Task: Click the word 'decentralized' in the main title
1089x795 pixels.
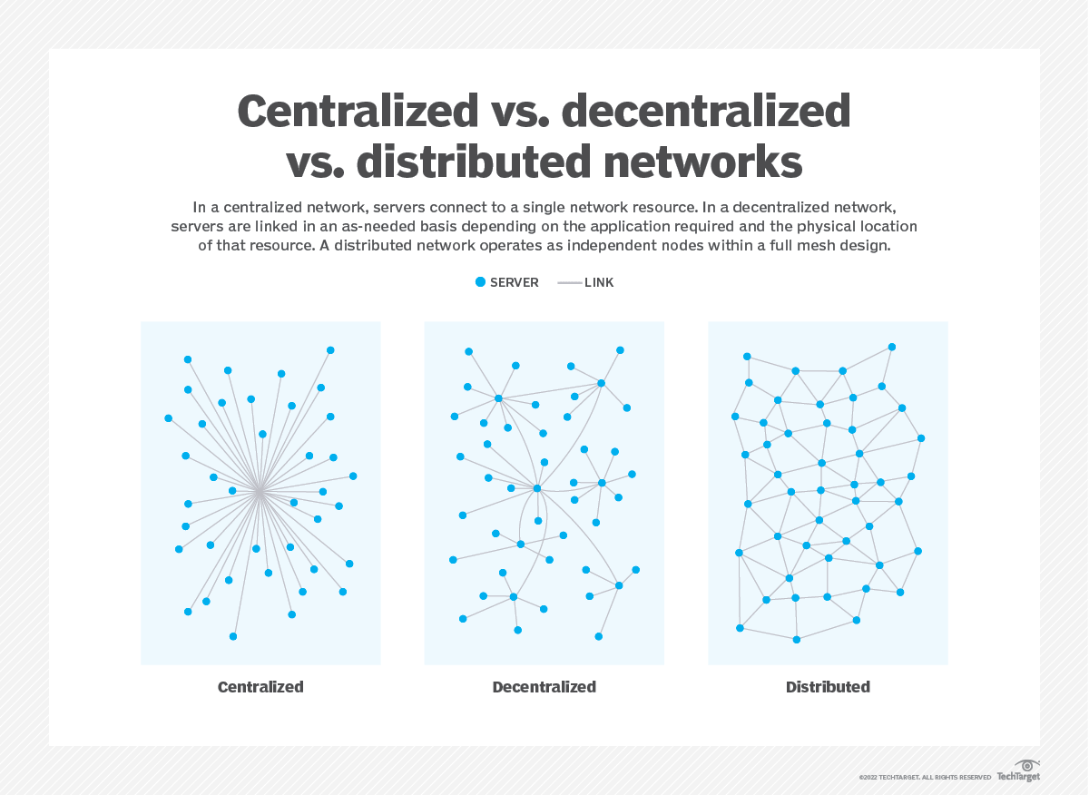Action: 705,112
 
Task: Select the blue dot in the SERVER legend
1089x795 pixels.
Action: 481,282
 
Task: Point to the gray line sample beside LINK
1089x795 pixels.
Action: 569,283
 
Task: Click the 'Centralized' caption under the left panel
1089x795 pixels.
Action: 260,687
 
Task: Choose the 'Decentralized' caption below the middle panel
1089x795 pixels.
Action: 544,687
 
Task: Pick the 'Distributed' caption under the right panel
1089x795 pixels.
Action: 828,687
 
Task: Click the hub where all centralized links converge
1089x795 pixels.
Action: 260,491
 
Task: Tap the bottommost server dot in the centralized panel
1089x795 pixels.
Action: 233,636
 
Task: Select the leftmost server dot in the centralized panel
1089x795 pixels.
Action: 169,418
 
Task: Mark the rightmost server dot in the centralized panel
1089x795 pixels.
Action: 353,476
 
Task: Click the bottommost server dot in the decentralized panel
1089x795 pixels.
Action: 599,636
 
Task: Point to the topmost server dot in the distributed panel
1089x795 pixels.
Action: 892,347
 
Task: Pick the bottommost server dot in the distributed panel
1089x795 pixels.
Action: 797,640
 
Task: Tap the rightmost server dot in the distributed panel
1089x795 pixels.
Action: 921,438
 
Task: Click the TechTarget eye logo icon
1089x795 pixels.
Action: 1027,766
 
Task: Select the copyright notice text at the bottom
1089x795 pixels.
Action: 925,778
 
